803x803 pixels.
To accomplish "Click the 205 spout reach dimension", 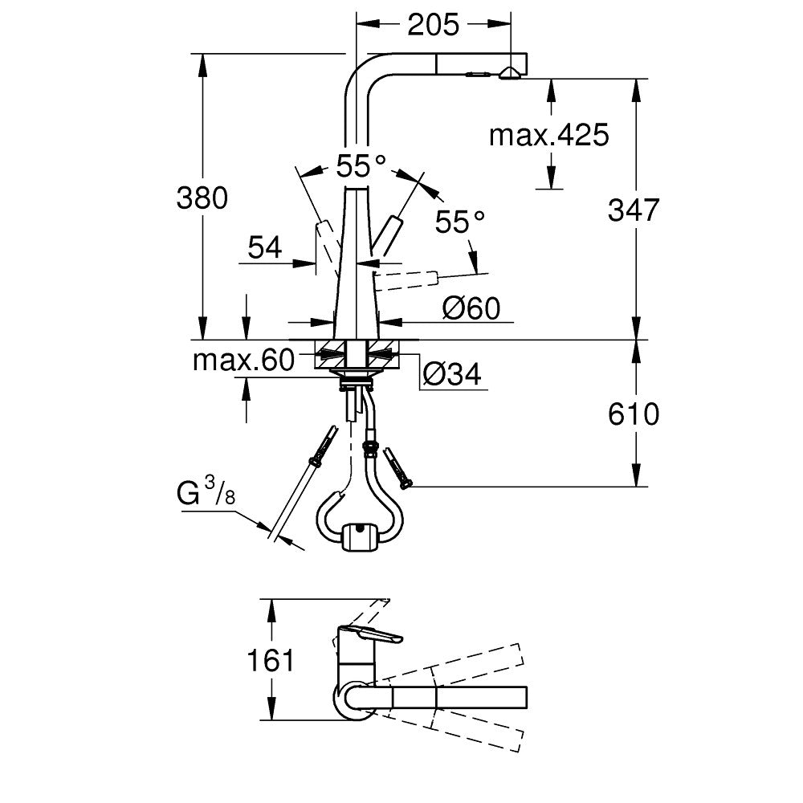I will (x=433, y=25).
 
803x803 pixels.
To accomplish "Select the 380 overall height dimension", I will (x=202, y=198).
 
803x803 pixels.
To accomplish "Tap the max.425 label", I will (x=549, y=136).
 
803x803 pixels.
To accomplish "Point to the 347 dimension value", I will (x=633, y=210).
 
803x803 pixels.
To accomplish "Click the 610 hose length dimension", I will (x=633, y=414).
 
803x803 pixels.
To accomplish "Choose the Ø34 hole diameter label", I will (x=451, y=374).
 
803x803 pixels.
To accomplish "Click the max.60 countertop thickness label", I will (x=243, y=361).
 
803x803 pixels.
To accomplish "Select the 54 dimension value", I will (x=265, y=248).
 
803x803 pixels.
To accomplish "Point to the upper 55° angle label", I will (x=361, y=167).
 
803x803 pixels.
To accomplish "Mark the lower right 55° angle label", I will (x=460, y=222).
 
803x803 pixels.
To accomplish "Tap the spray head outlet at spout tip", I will (x=507, y=74).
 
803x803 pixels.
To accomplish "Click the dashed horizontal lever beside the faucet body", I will (x=408, y=279).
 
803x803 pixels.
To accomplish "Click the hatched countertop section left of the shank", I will (x=329, y=353).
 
